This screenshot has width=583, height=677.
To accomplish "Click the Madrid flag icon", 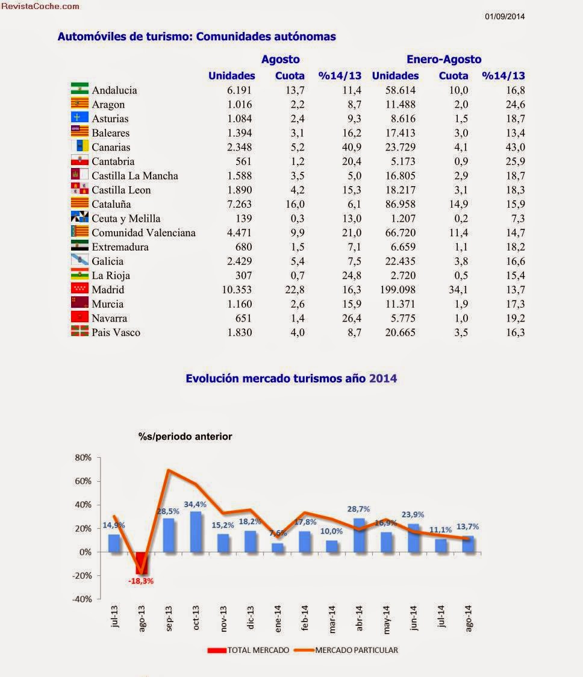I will pos(79,289).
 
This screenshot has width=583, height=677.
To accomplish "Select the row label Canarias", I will pos(111,147).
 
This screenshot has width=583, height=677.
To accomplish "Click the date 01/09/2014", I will pos(505,16).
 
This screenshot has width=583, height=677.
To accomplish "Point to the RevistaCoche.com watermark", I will pos(40,6).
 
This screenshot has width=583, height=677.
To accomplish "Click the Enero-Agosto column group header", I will pos(444,59).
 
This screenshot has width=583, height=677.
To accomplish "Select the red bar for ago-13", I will pos(142,563).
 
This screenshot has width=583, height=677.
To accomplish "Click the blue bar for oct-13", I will pos(196,531).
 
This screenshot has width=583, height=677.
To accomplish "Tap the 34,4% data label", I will pos(196,504).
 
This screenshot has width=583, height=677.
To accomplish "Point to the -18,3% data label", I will pos(141,581).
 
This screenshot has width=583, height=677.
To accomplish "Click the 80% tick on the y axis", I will pos(83,457).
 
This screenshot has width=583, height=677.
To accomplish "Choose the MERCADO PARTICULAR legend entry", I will pos(356,650).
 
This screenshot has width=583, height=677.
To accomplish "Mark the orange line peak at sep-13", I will pos(168,470).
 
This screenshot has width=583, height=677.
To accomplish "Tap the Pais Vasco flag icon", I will pos(79,332).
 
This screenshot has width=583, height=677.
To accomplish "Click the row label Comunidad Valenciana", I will pos(143,232).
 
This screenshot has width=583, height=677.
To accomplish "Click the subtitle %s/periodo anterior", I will pos(185,436).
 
